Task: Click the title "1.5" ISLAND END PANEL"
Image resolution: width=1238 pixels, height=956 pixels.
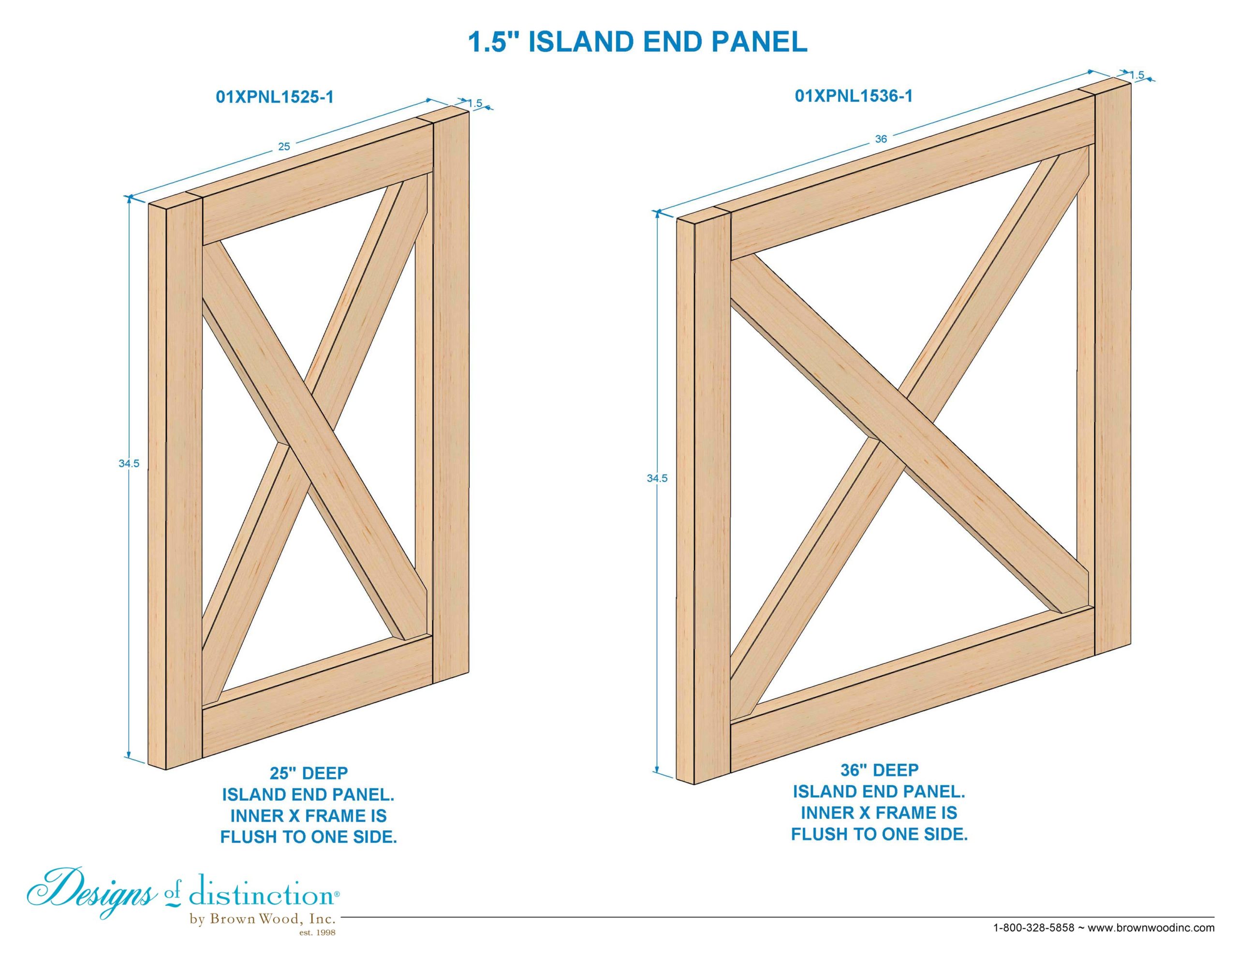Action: click(x=638, y=42)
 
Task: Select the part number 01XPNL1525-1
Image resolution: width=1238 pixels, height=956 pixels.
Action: click(x=274, y=97)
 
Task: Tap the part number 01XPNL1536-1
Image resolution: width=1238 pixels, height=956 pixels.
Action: click(x=854, y=96)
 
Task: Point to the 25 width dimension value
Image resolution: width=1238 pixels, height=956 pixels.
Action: click(x=284, y=147)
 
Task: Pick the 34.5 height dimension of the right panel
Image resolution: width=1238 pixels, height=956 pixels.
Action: click(x=657, y=478)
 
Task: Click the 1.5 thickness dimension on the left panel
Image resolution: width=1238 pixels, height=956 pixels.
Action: click(x=475, y=103)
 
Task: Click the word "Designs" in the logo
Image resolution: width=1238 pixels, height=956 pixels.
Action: click(x=91, y=896)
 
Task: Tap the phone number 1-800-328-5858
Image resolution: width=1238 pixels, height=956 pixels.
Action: click(x=1034, y=927)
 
